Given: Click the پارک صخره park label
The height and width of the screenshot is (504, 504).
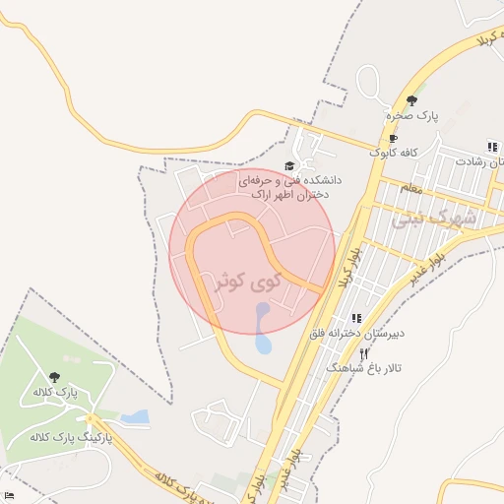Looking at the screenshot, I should [x=411, y=116].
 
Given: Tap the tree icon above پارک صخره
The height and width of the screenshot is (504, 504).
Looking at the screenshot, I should [x=411, y=100].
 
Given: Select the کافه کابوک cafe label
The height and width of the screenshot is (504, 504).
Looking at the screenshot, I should [x=395, y=153].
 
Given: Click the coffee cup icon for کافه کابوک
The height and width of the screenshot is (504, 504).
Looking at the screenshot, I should [x=395, y=139].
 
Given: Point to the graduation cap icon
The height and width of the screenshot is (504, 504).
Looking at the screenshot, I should [x=288, y=166].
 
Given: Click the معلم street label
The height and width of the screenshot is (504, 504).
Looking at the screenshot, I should [x=410, y=187].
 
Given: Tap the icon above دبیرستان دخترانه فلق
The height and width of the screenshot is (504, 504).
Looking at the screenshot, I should [x=356, y=318].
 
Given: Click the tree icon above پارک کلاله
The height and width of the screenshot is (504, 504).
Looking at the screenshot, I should [x=53, y=376].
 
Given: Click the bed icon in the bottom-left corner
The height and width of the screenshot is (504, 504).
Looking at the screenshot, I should [x=9, y=494].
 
